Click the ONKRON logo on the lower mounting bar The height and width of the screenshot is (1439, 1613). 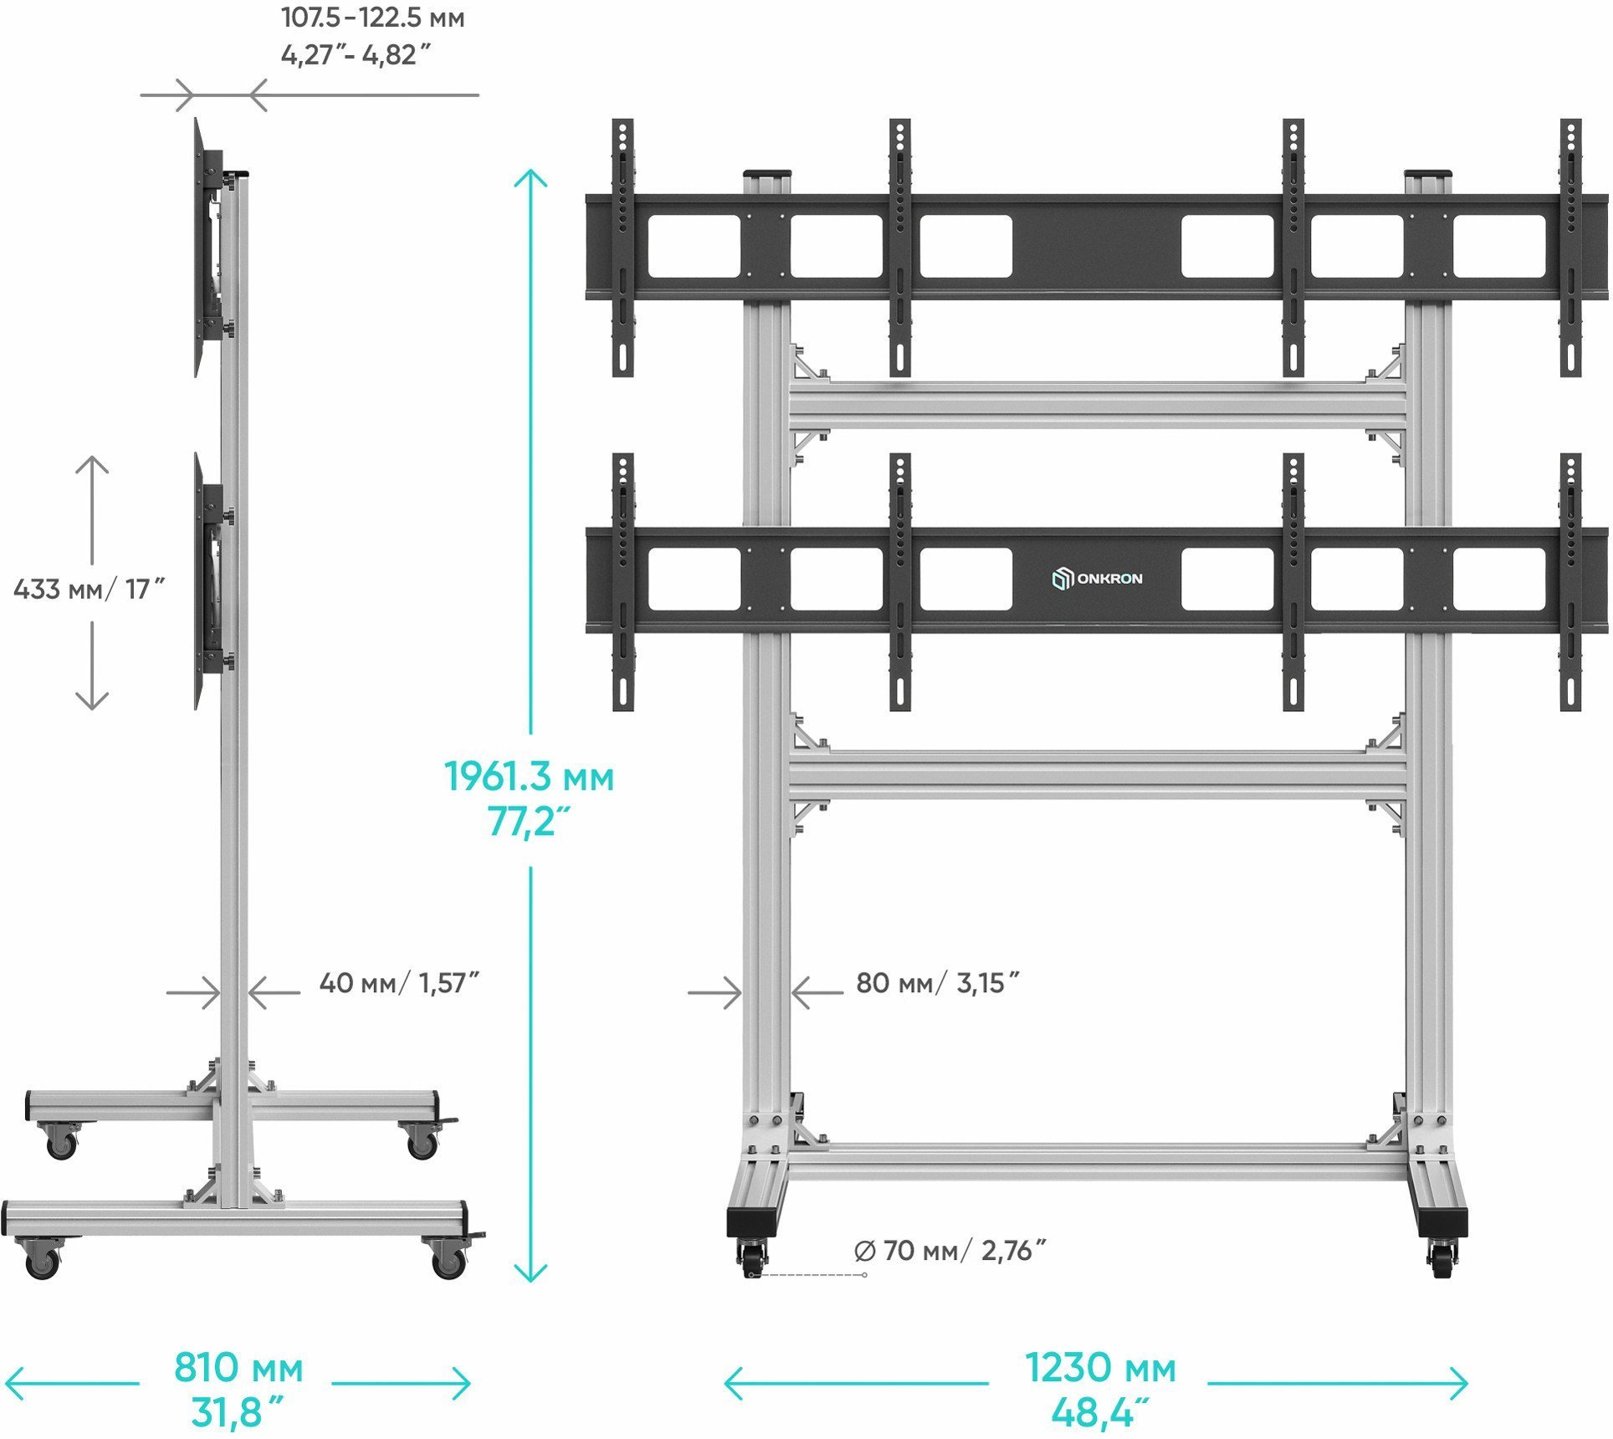pyautogui.click(x=1097, y=579)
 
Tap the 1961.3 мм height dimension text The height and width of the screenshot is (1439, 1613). pyautogui.click(x=529, y=777)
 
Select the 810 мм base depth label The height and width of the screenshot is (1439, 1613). pyautogui.click(x=238, y=1369)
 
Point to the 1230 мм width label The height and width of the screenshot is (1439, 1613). pyautogui.click(x=1100, y=1369)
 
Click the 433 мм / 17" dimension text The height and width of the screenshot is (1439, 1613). pyautogui.click(x=89, y=590)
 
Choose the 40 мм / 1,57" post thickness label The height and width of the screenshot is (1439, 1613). pyautogui.click(x=398, y=983)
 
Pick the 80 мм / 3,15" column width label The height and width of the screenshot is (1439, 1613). pyautogui.click(x=937, y=983)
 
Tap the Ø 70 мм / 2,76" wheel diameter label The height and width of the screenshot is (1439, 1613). pyautogui.click(x=950, y=1251)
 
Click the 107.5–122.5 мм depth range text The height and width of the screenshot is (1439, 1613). pyautogui.click(x=372, y=18)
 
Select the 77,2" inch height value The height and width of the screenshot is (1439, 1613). pyautogui.click(x=529, y=823)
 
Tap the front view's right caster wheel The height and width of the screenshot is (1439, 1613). pyautogui.click(x=1442, y=1259)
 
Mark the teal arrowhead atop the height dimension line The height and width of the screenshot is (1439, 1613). pyautogui.click(x=530, y=178)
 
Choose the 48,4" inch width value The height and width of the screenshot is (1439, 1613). pyautogui.click(x=1100, y=1414)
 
